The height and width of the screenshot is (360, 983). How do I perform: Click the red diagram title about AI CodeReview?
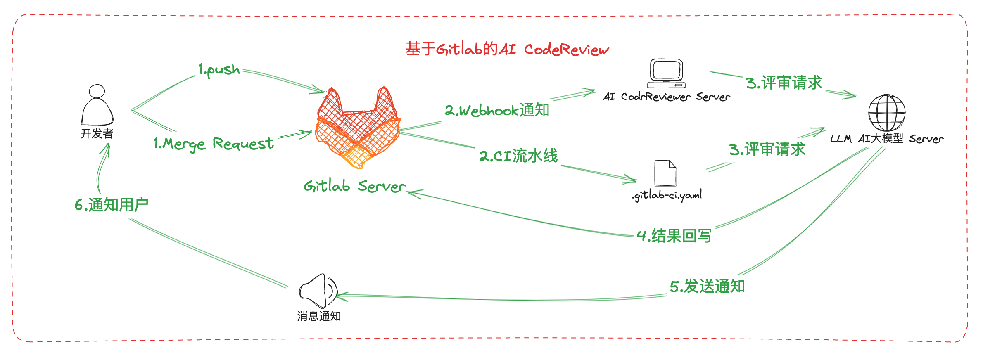(x=507, y=49)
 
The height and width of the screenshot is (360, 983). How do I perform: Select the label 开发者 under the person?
(x=97, y=133)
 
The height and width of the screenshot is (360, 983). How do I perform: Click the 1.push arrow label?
(x=219, y=70)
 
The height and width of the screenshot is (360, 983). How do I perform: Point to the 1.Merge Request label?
(x=214, y=144)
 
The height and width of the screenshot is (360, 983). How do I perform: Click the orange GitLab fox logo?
(x=358, y=128)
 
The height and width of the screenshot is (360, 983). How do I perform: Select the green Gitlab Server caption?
(x=354, y=186)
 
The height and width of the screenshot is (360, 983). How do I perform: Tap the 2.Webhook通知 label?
(x=497, y=110)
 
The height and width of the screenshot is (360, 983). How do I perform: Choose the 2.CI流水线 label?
(x=518, y=156)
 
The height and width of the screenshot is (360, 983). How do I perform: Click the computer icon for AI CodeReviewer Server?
(x=666, y=73)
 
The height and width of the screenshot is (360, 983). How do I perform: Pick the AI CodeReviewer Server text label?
(x=666, y=97)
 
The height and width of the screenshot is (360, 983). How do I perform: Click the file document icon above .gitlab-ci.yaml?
(x=665, y=173)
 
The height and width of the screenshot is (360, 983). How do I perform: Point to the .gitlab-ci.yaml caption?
(x=667, y=195)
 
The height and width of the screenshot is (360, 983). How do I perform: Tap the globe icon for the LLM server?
(x=887, y=113)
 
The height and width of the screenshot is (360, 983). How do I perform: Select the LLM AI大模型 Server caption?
(x=887, y=139)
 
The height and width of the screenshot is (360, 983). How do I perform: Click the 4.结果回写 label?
(x=674, y=236)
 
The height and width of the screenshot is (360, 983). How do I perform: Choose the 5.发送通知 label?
(x=707, y=286)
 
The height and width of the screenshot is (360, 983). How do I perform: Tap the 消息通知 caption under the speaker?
(x=319, y=316)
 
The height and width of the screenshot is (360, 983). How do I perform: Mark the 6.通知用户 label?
(x=112, y=205)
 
